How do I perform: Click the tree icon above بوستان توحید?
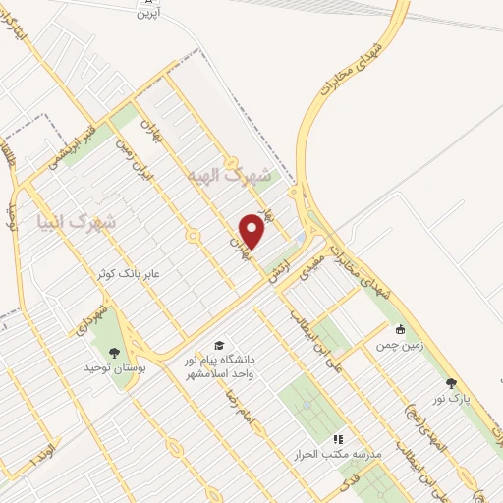point(116,352)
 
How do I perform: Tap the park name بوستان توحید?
point(114,367)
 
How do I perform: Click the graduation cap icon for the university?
point(219,345)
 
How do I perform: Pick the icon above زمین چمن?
point(400,330)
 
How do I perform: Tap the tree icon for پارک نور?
point(451,384)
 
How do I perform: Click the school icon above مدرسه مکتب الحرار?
point(338,439)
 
